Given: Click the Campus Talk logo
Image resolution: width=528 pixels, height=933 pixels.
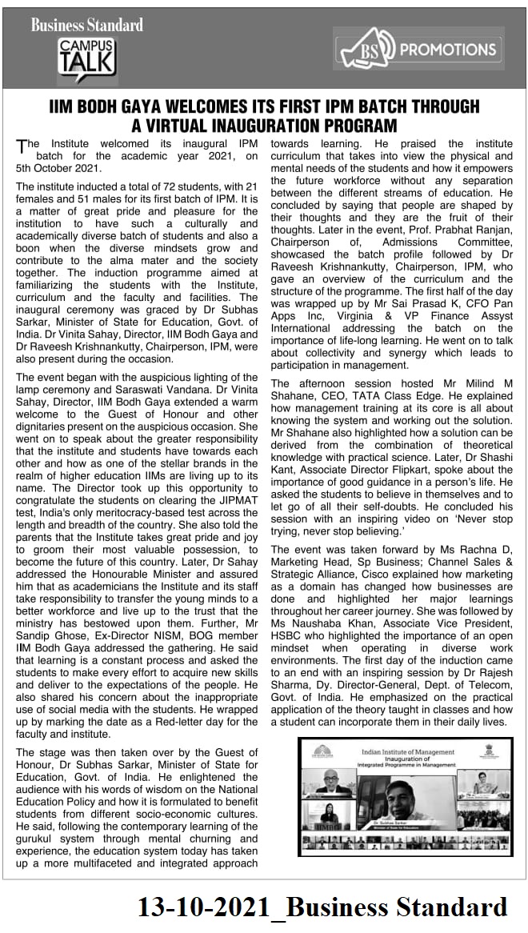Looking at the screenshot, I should (x=86, y=56).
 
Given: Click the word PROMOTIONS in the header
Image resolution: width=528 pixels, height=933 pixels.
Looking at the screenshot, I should (x=448, y=49).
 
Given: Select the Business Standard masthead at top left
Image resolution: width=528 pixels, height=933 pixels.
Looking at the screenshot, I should (x=86, y=25).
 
